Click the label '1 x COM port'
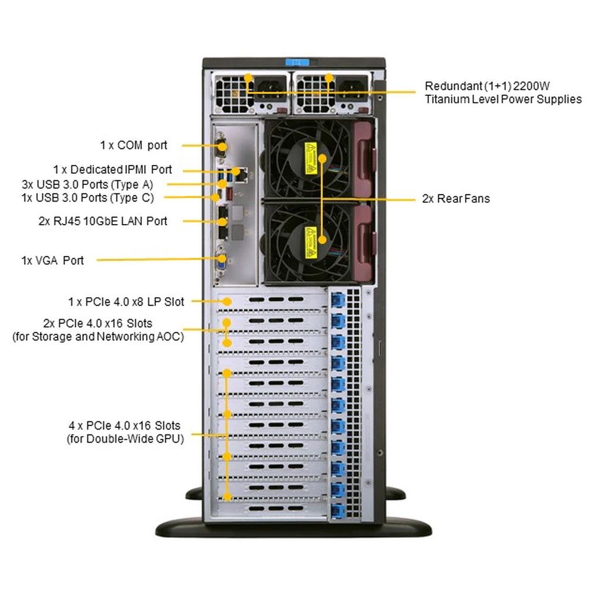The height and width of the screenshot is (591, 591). pyautogui.click(x=133, y=145)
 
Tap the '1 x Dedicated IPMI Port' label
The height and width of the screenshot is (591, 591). pyautogui.click(x=112, y=170)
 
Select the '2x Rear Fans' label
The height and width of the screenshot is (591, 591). pyautogui.click(x=456, y=199)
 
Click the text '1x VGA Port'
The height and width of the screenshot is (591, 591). pyautogui.click(x=53, y=260)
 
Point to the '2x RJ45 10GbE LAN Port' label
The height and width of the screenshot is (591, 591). pyautogui.click(x=103, y=221)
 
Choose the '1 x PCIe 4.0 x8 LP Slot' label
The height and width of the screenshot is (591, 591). pyautogui.click(x=126, y=302)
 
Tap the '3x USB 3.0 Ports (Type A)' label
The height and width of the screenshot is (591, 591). pyautogui.click(x=87, y=184)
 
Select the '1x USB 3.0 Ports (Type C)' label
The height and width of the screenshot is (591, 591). pyautogui.click(x=87, y=197)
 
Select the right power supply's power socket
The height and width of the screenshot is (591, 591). pyautogui.click(x=349, y=86)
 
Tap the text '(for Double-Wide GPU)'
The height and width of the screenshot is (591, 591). pyautogui.click(x=124, y=439)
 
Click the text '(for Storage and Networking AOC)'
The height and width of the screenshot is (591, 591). pyautogui.click(x=98, y=337)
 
